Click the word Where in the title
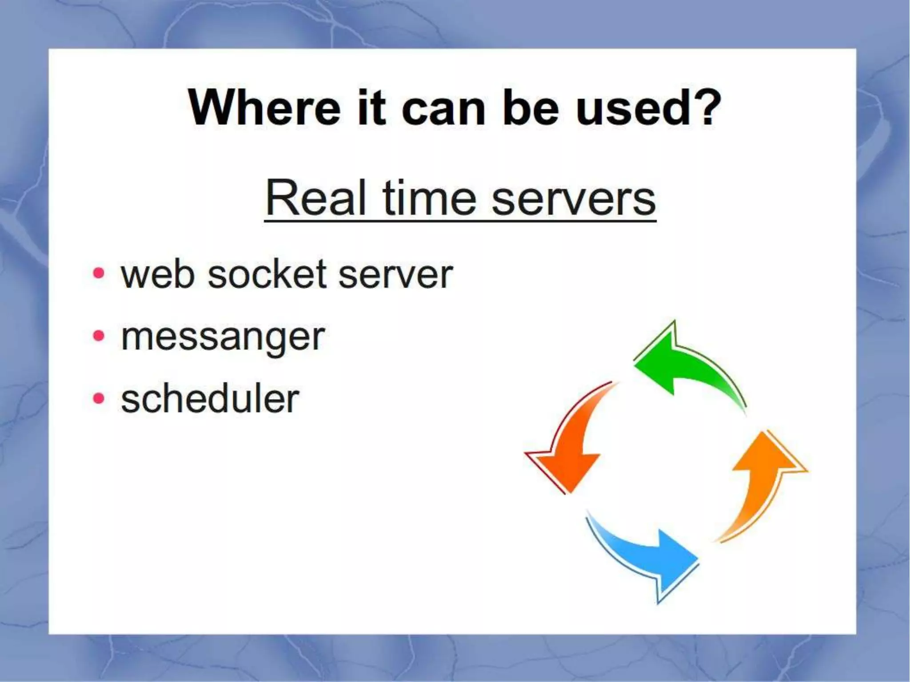point(264,108)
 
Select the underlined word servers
point(573,198)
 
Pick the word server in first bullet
point(395,275)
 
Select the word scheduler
point(210,399)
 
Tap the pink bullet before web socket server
point(99,273)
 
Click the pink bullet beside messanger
point(99,336)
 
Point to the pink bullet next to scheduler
point(99,398)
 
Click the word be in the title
point(530,108)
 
